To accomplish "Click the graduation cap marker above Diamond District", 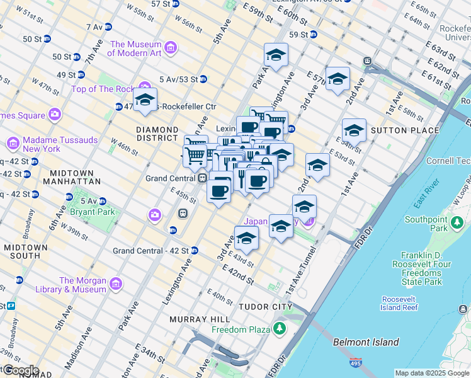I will coord(145,100).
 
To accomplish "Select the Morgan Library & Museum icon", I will coord(115,285).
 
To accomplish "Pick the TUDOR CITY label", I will coord(266,307).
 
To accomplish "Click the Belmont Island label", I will coord(366,342).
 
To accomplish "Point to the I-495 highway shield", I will coord(356,364).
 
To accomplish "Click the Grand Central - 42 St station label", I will coord(151,251).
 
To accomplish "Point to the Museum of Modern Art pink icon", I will coord(170,48).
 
